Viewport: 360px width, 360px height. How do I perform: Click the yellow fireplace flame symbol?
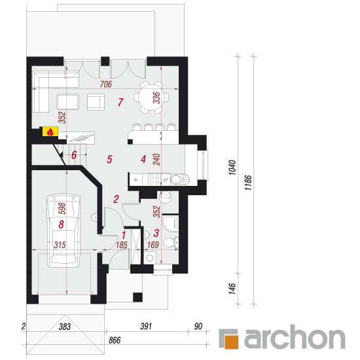50,132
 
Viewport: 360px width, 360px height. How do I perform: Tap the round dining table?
152,98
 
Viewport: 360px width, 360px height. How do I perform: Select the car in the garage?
63,231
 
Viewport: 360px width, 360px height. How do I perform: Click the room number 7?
120,102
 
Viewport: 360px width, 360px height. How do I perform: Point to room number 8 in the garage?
61,225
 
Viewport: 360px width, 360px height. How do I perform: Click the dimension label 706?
106,84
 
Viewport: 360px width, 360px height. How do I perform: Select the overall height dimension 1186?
249,183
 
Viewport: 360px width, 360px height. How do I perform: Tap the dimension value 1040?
232,168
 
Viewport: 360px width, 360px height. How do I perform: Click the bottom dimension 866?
115,340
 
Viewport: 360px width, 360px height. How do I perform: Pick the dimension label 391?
146,326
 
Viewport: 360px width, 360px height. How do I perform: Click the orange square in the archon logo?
231,342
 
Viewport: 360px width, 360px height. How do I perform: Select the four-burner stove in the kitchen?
154,179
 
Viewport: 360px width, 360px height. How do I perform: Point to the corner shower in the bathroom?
170,223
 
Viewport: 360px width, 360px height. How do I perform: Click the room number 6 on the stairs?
74,155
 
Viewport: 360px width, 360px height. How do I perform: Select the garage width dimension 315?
60,245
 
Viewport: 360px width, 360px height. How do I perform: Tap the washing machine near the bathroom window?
150,258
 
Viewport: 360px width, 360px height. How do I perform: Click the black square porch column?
137,297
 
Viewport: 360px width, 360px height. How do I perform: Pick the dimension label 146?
232,289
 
